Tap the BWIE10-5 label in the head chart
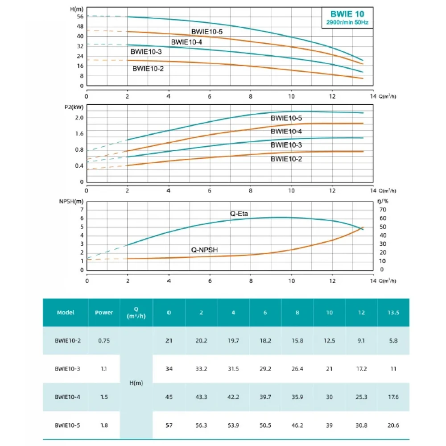(x=206, y=32)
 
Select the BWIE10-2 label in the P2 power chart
(x=286, y=158)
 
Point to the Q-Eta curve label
(x=239, y=214)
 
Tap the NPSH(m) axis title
(x=72, y=202)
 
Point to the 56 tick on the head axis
(x=80, y=17)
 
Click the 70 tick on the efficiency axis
(x=382, y=209)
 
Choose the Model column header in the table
(x=66, y=313)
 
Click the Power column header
(x=104, y=313)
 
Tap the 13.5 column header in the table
(x=393, y=313)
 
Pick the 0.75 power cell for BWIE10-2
(x=104, y=341)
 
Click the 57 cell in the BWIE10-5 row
(x=169, y=425)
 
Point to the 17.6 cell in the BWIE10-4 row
(x=393, y=397)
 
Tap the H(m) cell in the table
(x=136, y=383)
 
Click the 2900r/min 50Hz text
(x=347, y=22)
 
